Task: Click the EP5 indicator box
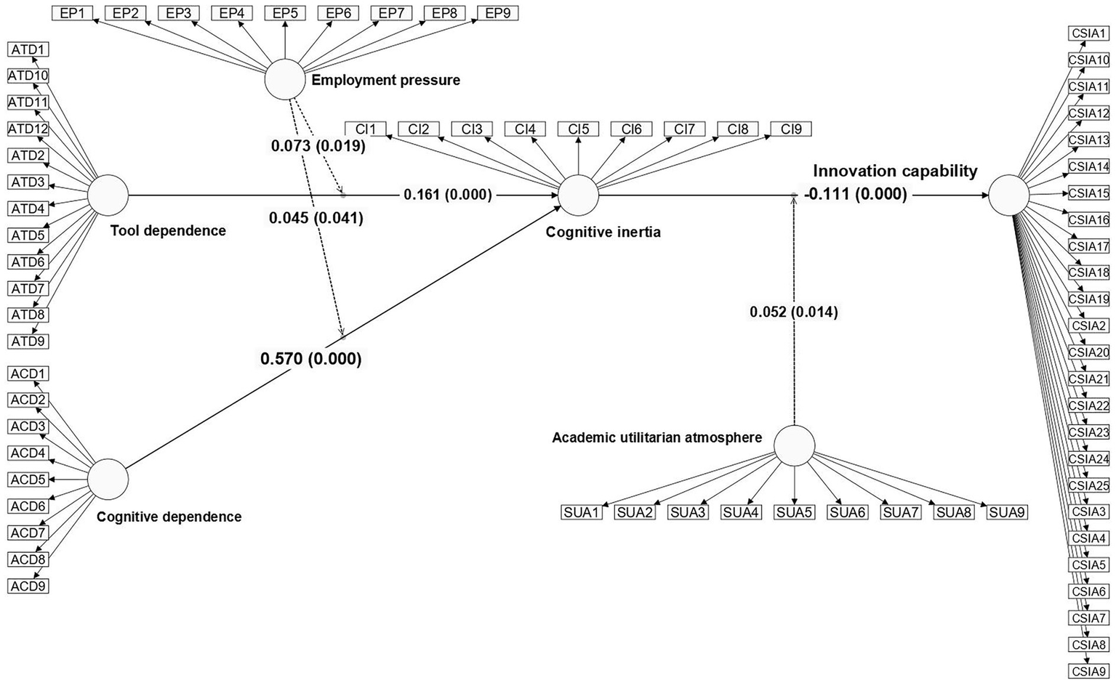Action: coord(285,13)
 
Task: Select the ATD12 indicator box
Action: coord(28,129)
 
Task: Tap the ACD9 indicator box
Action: coord(28,586)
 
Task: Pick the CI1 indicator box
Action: coord(366,129)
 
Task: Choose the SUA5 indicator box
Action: coord(794,512)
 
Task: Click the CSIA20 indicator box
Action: coord(1088,352)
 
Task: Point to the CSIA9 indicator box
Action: coord(1088,671)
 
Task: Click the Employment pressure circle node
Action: coord(285,80)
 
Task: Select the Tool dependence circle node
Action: coord(108,195)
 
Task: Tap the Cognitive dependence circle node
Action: coord(108,479)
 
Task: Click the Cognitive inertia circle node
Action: coord(578,195)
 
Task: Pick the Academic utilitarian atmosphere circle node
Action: coord(794,445)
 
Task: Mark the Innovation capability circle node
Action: coord(1009,195)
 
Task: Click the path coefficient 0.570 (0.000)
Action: coord(311,359)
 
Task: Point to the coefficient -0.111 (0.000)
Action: coord(856,194)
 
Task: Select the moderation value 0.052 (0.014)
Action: coord(794,312)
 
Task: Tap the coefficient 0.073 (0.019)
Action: coord(318,146)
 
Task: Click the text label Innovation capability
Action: coord(895,171)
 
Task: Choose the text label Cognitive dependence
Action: coord(169,517)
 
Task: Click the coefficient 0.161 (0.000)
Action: coord(448,195)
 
